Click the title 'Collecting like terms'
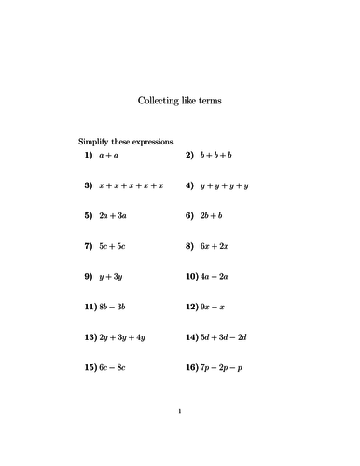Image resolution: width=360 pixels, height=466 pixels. click(179, 100)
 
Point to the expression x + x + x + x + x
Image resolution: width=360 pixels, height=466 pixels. click(136, 185)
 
